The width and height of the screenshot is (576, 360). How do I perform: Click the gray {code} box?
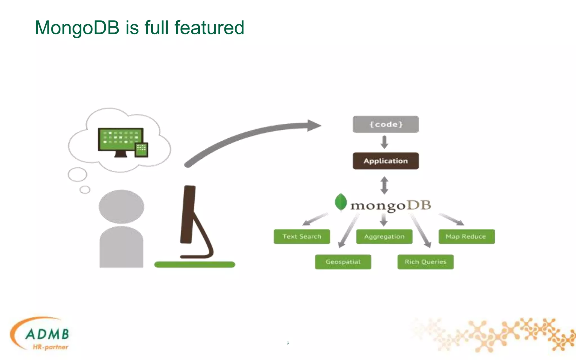[x=386, y=124]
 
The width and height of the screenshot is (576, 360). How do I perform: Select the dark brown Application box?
[x=386, y=161]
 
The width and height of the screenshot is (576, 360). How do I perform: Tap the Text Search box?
[x=302, y=237]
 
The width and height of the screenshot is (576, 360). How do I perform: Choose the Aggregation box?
[x=384, y=237]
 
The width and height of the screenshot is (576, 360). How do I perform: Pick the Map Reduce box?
[x=466, y=237]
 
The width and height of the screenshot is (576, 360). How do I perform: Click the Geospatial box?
[x=343, y=262]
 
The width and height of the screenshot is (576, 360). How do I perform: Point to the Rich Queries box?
[x=425, y=262]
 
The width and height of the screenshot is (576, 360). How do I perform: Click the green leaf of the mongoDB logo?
[x=341, y=202]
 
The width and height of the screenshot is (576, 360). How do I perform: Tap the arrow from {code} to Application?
[x=384, y=142]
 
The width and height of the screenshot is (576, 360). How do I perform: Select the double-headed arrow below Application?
[x=384, y=185]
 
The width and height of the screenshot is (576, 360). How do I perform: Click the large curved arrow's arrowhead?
[x=314, y=125]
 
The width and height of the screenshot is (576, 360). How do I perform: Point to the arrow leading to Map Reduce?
[x=451, y=219]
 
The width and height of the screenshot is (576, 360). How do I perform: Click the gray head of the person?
[x=121, y=206]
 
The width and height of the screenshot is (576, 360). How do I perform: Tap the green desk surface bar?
[x=195, y=264]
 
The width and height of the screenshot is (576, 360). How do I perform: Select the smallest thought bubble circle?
[x=85, y=190]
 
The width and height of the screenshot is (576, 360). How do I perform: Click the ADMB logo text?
[x=47, y=334]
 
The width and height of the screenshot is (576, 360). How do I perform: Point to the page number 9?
[x=288, y=343]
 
